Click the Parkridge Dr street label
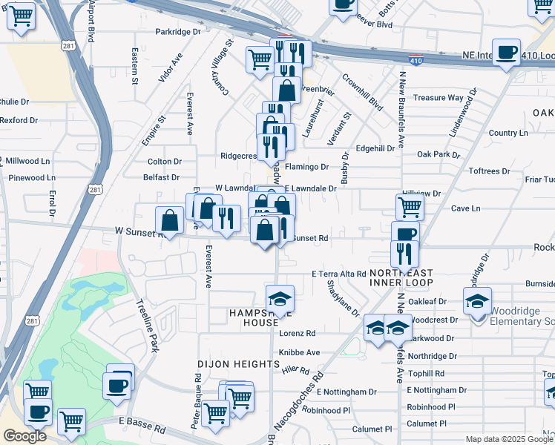pos(178,32)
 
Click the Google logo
pos(24,436)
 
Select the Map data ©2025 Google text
pos(508,439)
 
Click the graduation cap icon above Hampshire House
pos(280,298)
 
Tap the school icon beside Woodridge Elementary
pos(477,300)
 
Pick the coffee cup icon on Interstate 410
pos(508,53)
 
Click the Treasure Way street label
pos(439,98)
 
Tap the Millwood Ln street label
pos(27,161)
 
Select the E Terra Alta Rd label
pos(339,274)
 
